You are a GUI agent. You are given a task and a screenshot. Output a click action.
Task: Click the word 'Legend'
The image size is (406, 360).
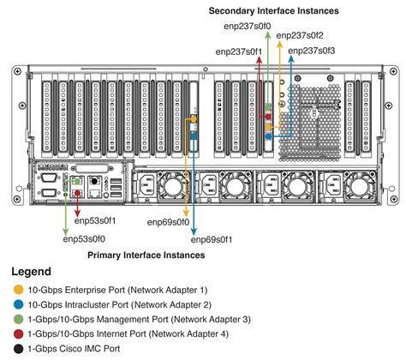pyautogui.click(x=32, y=272)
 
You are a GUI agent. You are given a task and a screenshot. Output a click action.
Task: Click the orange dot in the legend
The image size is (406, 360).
pyautogui.click(x=19, y=290)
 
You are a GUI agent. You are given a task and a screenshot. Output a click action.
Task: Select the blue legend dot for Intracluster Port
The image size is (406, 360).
pyautogui.click(x=19, y=304)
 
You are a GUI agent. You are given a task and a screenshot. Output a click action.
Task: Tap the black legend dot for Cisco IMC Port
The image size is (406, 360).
pyautogui.click(x=19, y=348)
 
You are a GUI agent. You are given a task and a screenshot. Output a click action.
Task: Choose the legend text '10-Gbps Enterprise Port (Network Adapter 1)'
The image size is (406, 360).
pyautogui.click(x=119, y=290)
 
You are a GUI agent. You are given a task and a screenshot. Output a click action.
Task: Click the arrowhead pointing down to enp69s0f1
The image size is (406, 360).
pyautogui.click(x=194, y=229)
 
